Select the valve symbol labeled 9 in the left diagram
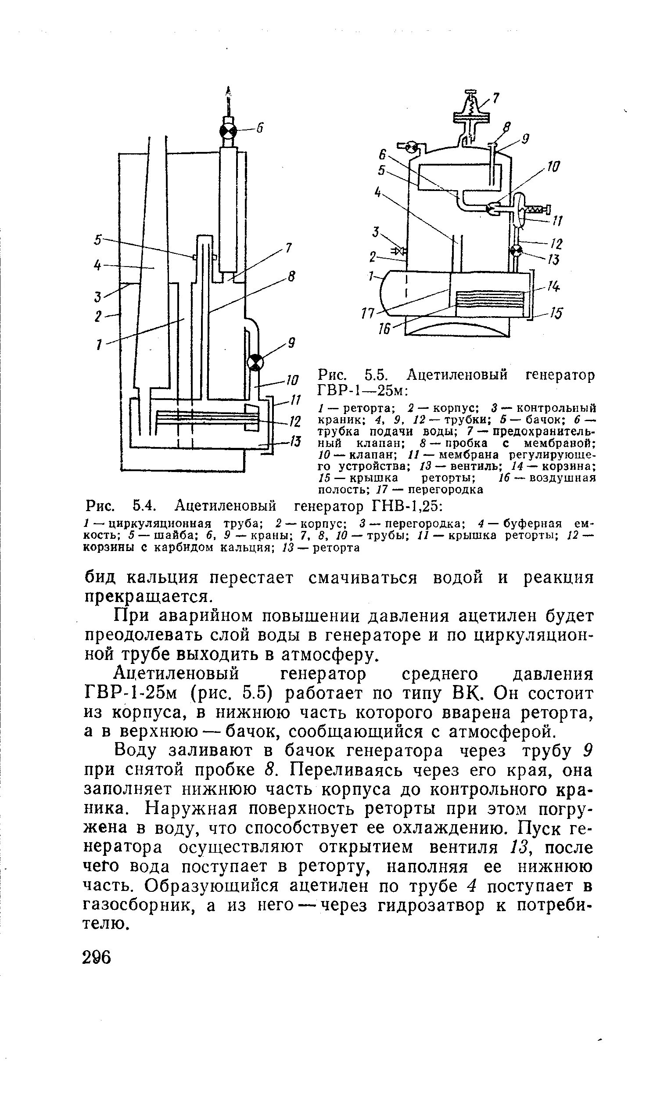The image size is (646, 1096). pos(255,363)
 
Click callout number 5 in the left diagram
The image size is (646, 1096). pos(98,240)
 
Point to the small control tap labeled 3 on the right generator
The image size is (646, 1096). pos(400,251)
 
